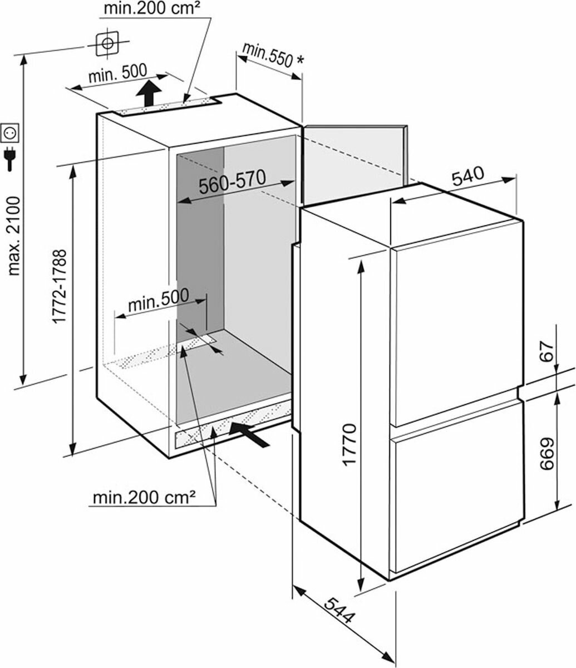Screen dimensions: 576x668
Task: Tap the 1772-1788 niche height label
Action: click(x=60, y=286)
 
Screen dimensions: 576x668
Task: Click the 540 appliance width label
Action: click(x=468, y=175)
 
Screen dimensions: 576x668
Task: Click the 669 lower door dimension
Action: click(x=547, y=454)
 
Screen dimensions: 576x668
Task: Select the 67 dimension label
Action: click(x=547, y=351)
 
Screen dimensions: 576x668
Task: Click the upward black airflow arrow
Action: click(x=149, y=93)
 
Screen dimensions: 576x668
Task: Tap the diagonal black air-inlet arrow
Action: click(x=249, y=434)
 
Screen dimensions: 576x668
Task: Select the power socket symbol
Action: click(x=9, y=132)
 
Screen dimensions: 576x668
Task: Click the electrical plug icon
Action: click(x=10, y=159)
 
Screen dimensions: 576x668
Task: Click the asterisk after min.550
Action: click(x=300, y=60)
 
